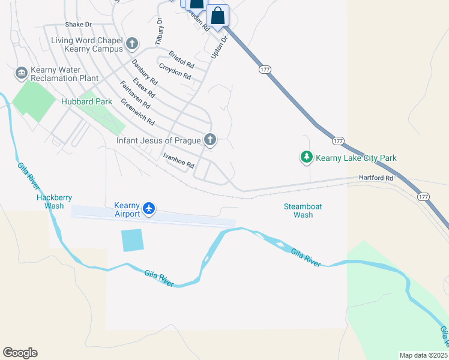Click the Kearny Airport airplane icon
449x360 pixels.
149,209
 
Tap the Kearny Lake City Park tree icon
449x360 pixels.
307,158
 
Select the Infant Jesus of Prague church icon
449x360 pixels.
209,140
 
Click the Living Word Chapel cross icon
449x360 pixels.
132,44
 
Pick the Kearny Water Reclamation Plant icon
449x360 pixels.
22,73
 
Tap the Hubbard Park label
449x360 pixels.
86,102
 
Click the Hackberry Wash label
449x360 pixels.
50,201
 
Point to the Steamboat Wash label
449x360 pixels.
303,211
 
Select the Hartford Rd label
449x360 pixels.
376,178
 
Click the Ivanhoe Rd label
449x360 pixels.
179,160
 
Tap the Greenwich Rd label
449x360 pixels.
137,112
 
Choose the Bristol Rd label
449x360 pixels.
181,59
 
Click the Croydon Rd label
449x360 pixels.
175,72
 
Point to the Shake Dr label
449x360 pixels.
78,25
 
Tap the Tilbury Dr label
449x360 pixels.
159,31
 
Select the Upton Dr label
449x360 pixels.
220,46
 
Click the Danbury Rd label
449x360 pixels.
145,72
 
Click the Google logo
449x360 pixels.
20,353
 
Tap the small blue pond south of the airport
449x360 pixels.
132,240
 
